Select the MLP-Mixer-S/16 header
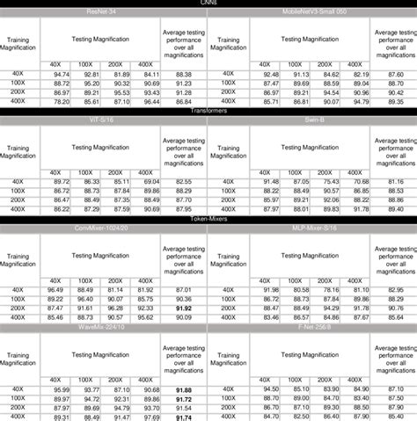[289, 229]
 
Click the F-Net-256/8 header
[289, 328]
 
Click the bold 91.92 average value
[183, 308]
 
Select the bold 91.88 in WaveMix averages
[183, 389]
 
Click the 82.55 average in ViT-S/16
[183, 180]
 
